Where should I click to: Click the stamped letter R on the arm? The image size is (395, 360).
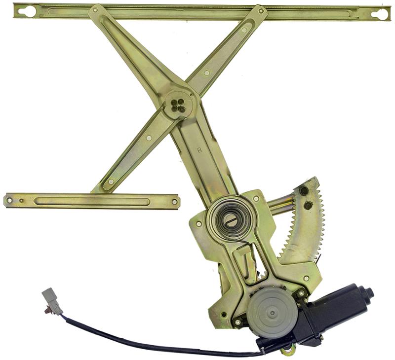200,150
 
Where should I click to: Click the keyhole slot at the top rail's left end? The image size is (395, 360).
29,11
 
